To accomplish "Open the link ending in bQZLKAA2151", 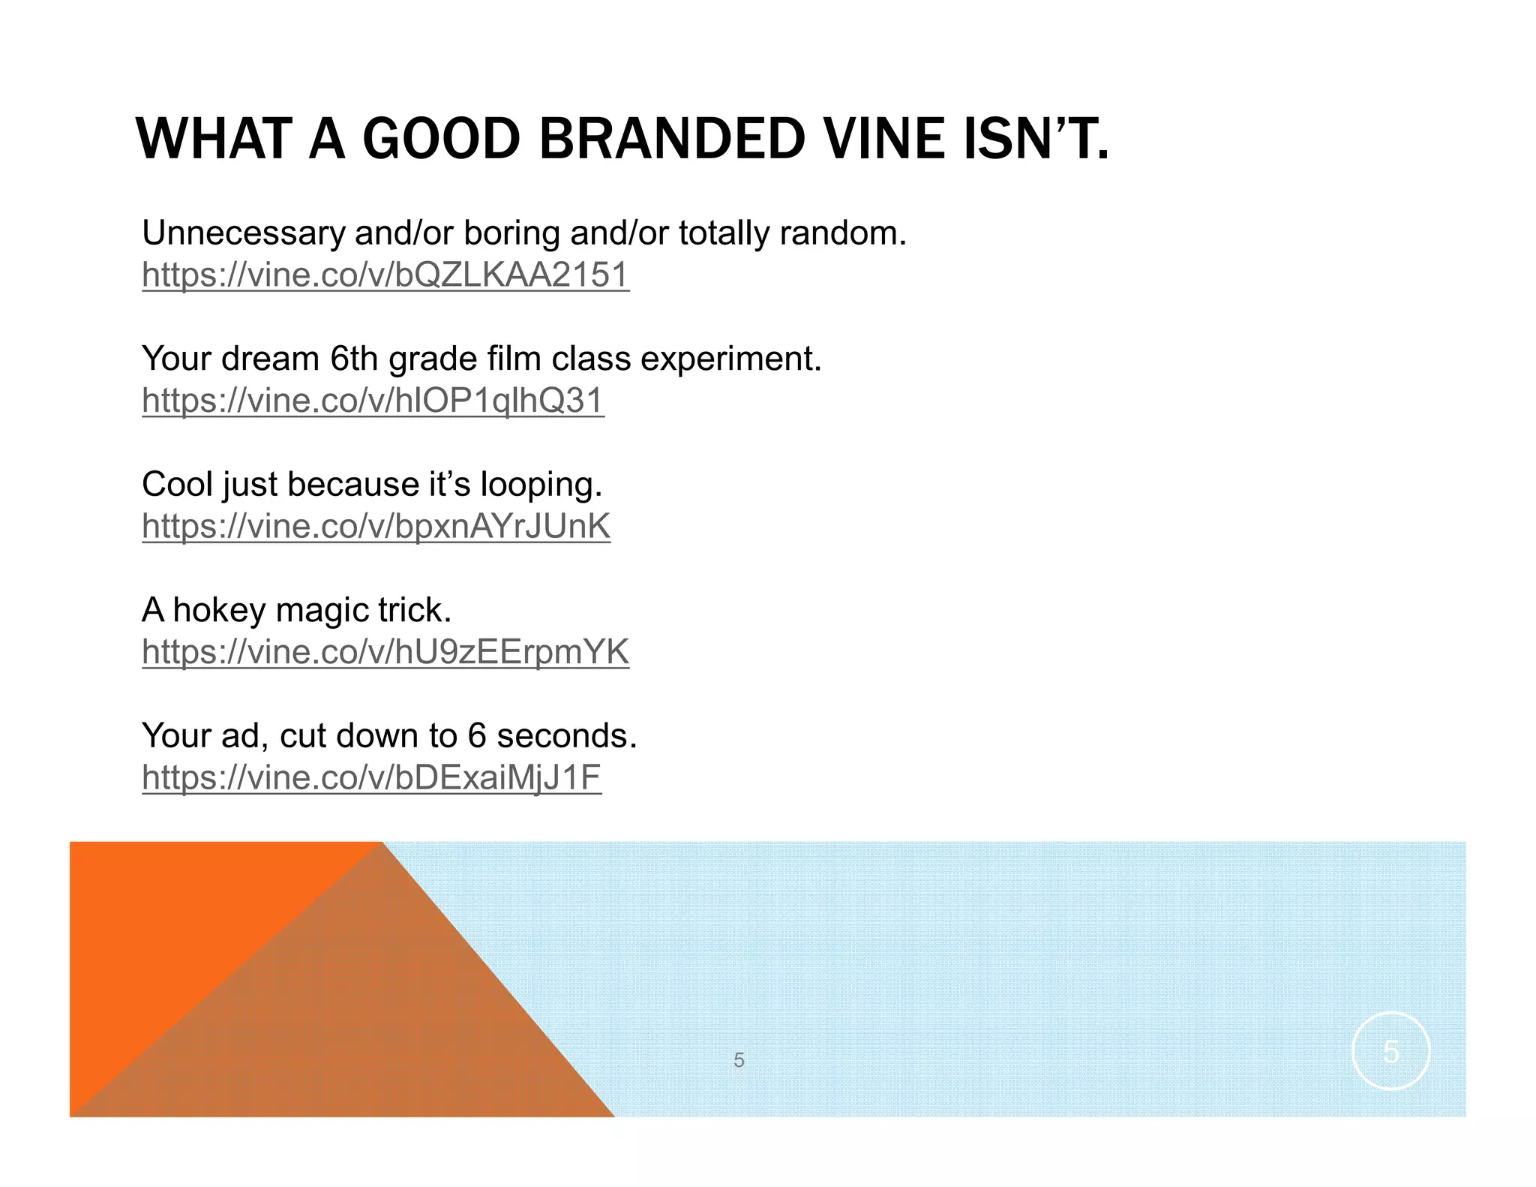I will coord(385,275).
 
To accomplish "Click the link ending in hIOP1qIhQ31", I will coord(373,400).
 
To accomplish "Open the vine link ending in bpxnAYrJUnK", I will coord(376,526).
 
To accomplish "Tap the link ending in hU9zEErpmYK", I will coord(385,651).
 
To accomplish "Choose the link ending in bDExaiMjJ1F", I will coord(371,777).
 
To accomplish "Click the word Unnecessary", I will coord(243,233).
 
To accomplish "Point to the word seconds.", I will coord(566,735).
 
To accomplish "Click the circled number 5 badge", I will coord(1390,1051).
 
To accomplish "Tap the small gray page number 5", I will coord(739,1060).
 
